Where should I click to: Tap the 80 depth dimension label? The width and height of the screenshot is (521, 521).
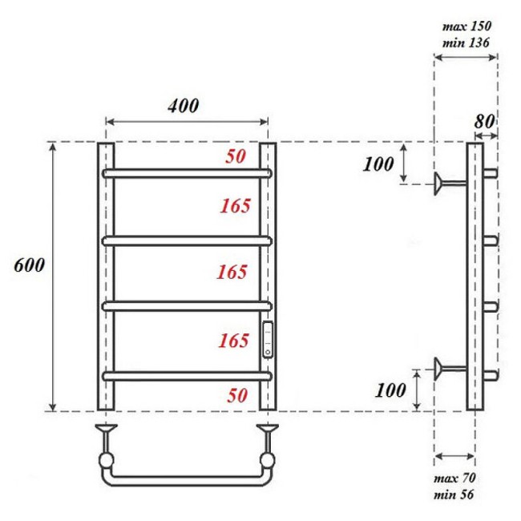coord(483,122)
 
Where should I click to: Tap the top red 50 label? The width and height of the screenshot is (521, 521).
coord(236,157)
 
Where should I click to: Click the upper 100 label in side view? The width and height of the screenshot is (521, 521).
coord(378,165)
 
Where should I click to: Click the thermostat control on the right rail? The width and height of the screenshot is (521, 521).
coord(268,339)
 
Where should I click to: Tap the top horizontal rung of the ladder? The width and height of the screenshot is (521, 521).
coord(188,172)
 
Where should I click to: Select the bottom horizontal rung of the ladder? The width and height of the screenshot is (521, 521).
coord(188,374)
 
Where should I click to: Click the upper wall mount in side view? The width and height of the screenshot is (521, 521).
coord(443,184)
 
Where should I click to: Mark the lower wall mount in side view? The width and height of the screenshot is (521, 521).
coord(443,368)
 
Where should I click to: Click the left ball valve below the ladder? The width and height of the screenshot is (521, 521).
coord(106,461)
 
